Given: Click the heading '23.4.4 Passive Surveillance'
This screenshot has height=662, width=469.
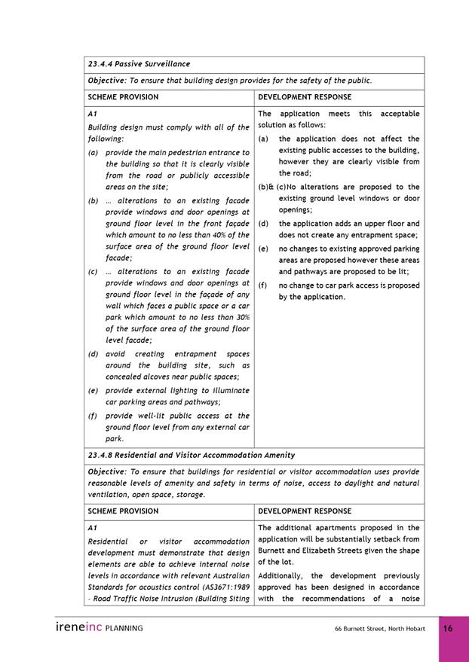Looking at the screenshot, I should click(x=139, y=64).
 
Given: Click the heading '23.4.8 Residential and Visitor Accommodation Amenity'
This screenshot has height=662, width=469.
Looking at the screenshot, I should click(x=192, y=455).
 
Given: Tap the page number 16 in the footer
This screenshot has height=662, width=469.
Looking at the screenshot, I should click(x=447, y=628).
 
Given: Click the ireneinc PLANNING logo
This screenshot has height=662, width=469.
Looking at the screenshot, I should click(x=99, y=627).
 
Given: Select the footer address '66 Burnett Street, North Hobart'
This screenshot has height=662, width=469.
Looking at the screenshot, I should click(x=380, y=629).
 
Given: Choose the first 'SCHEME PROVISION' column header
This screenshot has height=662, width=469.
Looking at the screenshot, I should click(x=123, y=97).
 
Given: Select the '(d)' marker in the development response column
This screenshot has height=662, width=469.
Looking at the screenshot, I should click(x=263, y=224).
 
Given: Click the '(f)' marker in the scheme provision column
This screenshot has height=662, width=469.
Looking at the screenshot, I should click(x=93, y=416).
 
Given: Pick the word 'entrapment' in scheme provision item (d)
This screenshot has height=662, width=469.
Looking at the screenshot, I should click(x=195, y=354).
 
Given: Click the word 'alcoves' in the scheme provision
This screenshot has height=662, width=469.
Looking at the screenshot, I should click(x=159, y=377).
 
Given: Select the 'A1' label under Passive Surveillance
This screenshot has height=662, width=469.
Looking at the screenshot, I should click(x=93, y=114).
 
